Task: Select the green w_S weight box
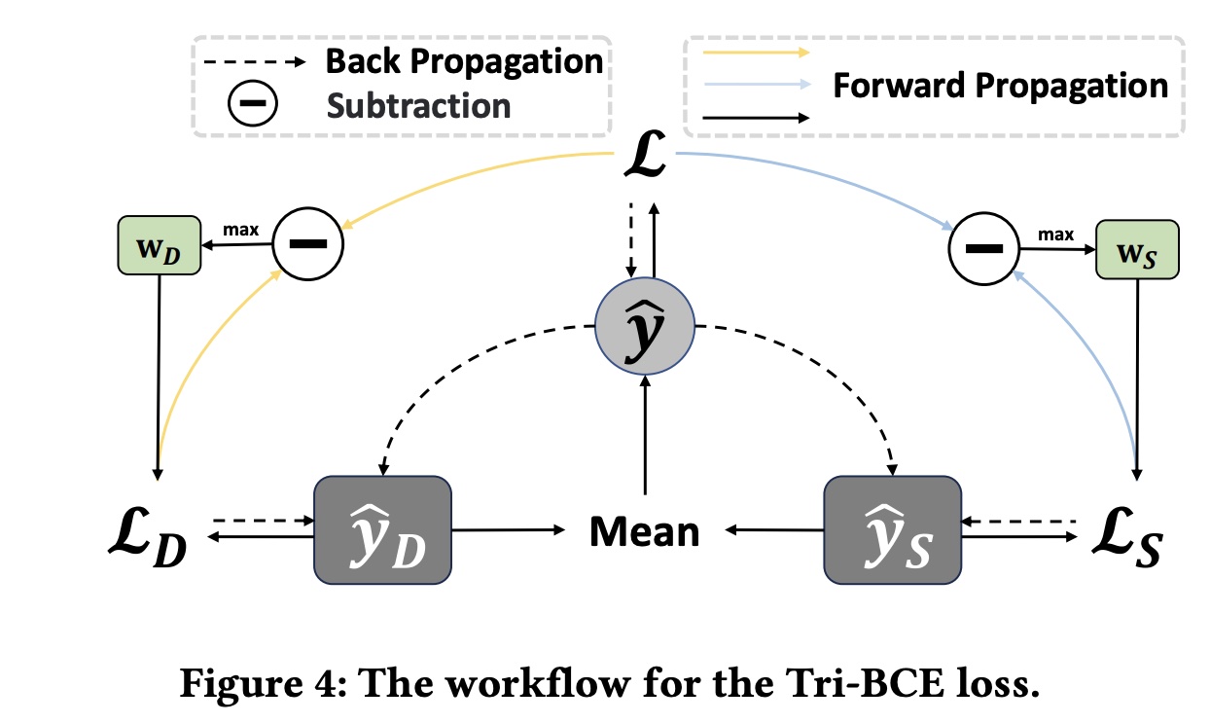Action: tap(1137, 249)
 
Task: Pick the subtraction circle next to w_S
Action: tap(982, 249)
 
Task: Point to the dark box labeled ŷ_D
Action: tap(382, 530)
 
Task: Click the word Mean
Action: tap(644, 532)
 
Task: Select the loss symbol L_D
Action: tap(146, 534)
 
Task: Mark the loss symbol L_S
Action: tap(1122, 534)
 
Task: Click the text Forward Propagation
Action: tap(1000, 86)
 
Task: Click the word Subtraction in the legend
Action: tap(418, 104)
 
